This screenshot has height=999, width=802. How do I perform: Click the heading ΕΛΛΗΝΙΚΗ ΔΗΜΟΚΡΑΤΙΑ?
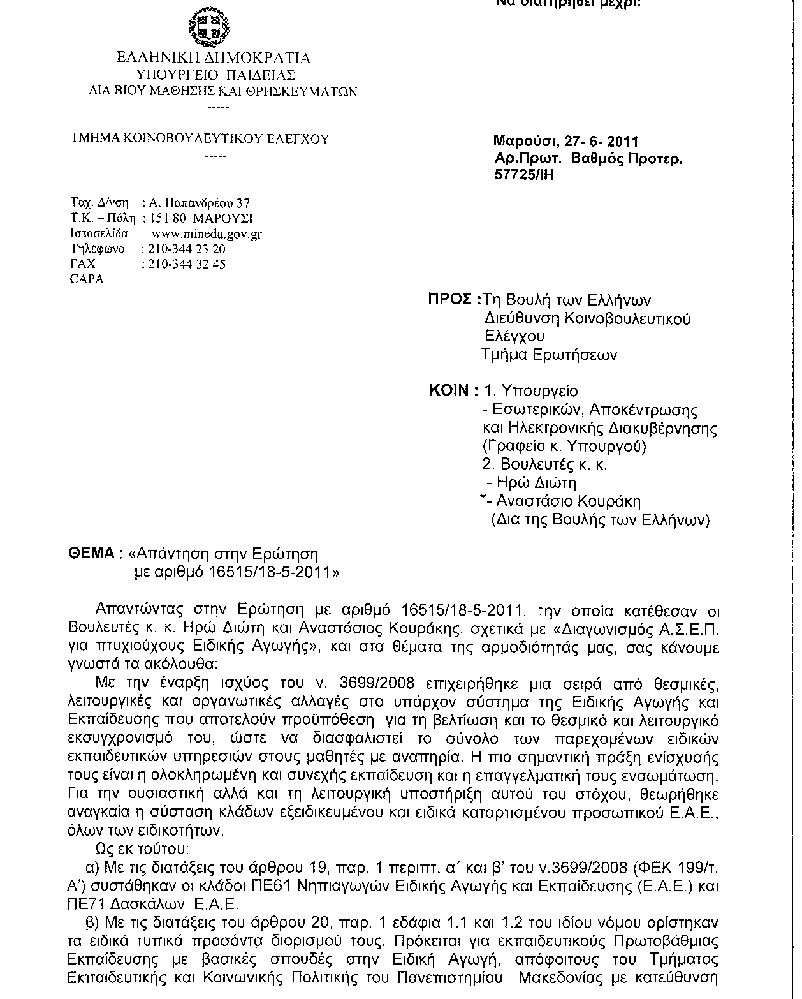[x=214, y=58]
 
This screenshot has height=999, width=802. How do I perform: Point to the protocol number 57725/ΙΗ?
[x=524, y=175]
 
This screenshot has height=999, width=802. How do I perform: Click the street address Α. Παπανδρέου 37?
[x=199, y=204]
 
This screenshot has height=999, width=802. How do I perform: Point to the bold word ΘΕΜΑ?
[x=91, y=552]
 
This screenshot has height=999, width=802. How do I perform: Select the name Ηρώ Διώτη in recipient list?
[x=537, y=483]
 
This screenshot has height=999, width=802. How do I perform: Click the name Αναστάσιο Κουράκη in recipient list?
[x=569, y=501]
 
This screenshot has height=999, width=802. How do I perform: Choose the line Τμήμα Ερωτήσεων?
[x=549, y=355]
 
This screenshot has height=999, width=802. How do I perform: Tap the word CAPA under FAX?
[x=87, y=279]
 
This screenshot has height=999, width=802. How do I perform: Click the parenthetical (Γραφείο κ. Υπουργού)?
[x=564, y=446]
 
